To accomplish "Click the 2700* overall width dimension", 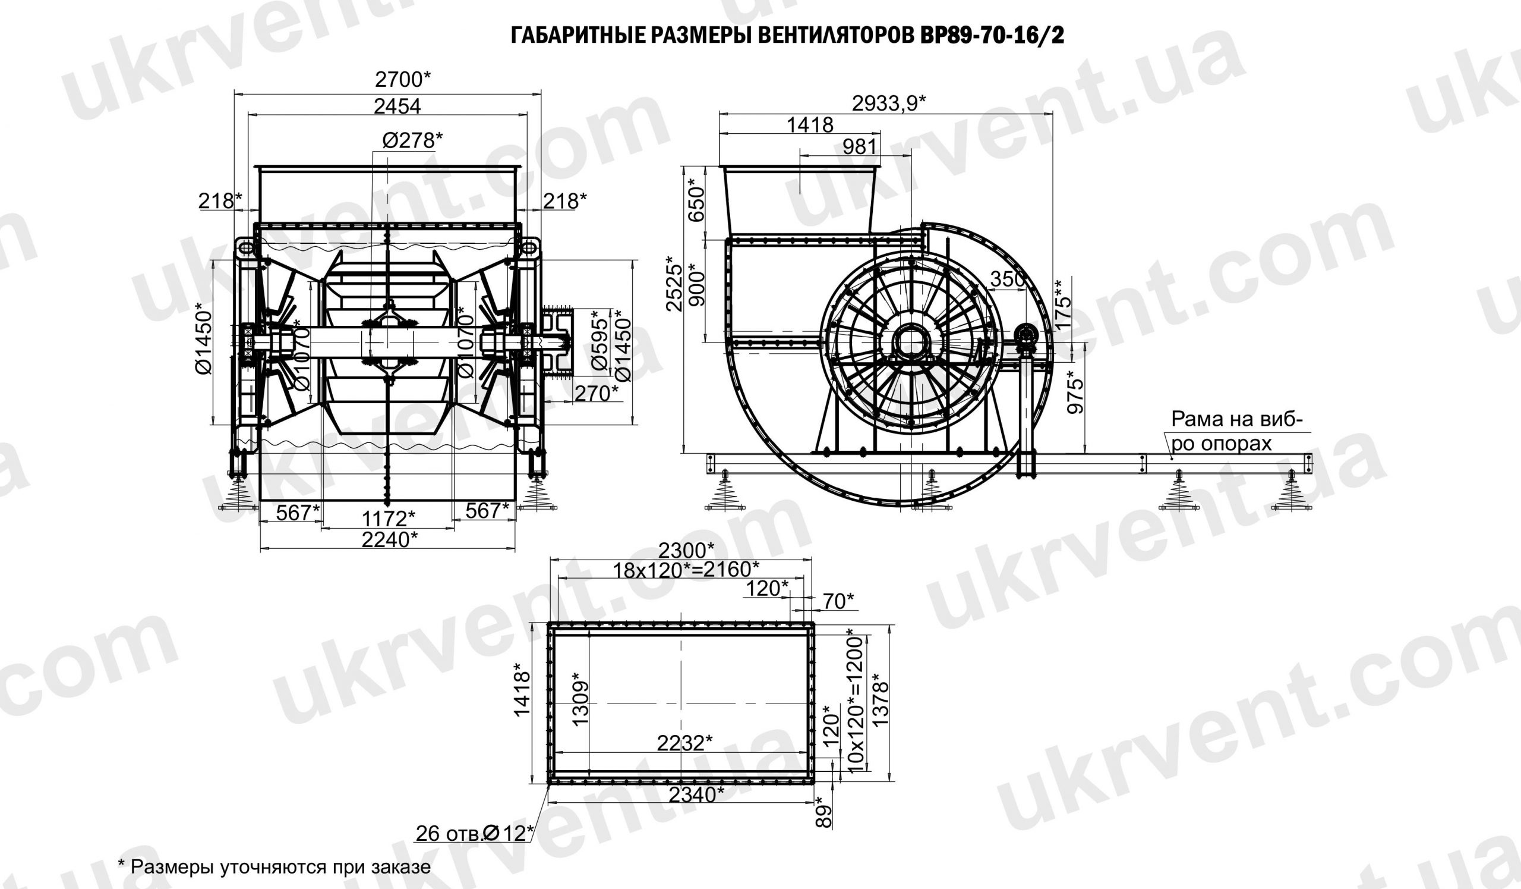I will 403,79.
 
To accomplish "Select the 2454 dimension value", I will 396,106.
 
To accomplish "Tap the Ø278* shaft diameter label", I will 412,140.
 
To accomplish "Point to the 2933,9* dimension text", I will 888,104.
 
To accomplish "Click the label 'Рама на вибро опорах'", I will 1233,431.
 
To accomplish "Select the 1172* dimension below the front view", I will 388,517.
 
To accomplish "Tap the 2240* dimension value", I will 389,539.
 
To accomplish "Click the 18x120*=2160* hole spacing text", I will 686,569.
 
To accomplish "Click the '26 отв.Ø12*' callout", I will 474,834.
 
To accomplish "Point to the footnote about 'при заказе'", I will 274,867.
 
